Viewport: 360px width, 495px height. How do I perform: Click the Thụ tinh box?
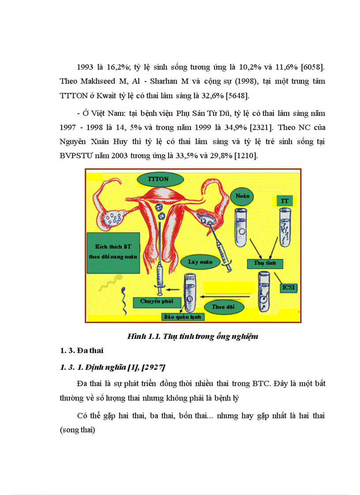(264, 264)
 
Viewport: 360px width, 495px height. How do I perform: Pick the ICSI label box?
(289, 288)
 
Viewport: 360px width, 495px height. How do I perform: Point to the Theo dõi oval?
(223, 307)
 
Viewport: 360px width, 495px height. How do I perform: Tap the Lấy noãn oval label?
(200, 261)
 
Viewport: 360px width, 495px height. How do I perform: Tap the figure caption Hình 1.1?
(192, 336)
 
